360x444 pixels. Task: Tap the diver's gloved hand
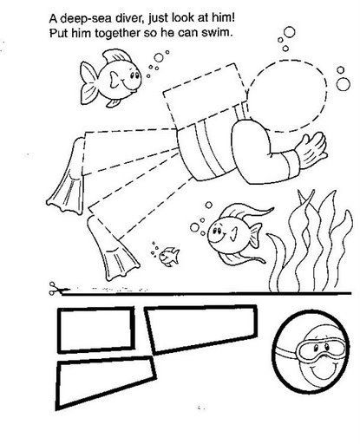(x=312, y=150)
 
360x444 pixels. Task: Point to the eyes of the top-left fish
(x=134, y=75)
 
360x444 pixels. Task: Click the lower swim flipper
(x=112, y=247)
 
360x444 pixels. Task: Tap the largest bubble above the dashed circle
(x=289, y=32)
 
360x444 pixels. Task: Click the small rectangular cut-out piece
(x=96, y=330)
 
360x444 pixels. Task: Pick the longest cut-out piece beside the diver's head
(x=202, y=329)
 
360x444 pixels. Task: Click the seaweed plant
(x=310, y=243)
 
